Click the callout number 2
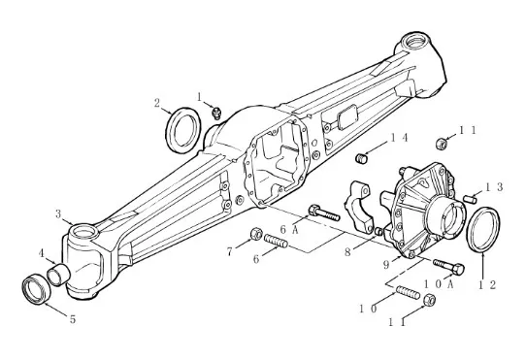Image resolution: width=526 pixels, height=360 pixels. coord(157,103)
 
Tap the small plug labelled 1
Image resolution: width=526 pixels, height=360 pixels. coord(216,113)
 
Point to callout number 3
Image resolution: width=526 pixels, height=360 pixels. coord(58,214)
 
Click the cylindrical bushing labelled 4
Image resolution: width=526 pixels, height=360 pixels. coord(58,274)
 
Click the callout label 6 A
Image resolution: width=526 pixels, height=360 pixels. coord(289,230)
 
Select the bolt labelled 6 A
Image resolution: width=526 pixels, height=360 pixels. coord(324,213)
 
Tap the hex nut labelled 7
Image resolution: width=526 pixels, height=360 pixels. coord(256,234)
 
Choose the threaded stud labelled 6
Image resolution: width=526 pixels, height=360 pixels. coord(276,241)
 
